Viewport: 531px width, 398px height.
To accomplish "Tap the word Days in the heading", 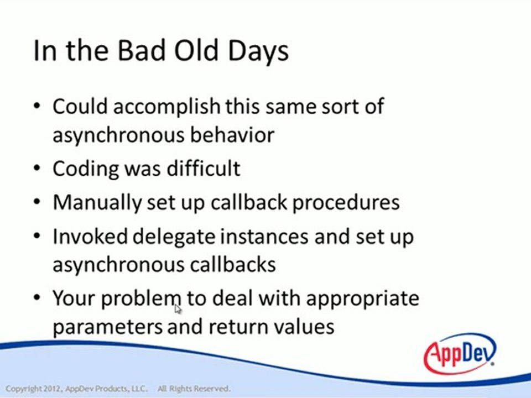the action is click(258, 51).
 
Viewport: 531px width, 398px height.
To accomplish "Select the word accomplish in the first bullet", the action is click(166, 107).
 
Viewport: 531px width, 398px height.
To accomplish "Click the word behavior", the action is click(232, 135).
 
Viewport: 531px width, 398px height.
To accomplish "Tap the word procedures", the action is click(346, 203).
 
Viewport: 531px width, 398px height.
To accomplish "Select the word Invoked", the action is click(90, 236).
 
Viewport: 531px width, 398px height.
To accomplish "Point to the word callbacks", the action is click(233, 264).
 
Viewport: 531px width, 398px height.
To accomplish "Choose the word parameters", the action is click(108, 327).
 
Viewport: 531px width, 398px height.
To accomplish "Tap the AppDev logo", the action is click(460, 354).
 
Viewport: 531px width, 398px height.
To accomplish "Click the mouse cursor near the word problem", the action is click(178, 310).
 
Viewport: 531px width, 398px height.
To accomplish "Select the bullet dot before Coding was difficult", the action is click(37, 168).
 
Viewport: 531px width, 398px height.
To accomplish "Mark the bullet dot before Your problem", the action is click(37, 298).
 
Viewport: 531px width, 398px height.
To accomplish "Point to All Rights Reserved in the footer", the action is click(194, 389).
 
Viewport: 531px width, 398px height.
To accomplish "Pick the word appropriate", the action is click(363, 300).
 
